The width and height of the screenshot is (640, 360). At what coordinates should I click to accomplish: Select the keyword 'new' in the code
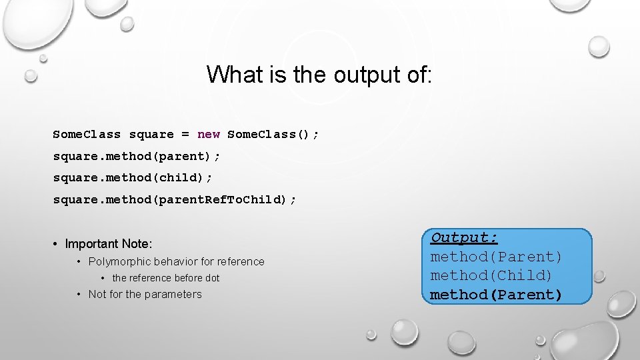point(209,135)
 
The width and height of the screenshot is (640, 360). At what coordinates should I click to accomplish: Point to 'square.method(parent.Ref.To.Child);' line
point(175,199)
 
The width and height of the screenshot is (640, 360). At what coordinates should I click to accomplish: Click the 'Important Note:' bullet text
point(109,244)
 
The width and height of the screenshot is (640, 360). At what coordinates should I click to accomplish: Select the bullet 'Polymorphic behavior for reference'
point(176,261)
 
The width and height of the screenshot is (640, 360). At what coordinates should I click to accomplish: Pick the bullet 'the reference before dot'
point(165,278)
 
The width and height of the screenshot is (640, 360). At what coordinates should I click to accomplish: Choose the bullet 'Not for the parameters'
point(145,294)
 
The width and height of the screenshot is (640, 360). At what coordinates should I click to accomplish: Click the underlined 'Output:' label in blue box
point(465,237)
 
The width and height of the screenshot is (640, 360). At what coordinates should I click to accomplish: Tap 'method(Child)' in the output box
point(492,275)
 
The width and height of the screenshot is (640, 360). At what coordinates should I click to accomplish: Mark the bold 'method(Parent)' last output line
point(496,295)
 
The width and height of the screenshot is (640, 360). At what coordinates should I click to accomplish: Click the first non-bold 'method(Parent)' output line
point(496,257)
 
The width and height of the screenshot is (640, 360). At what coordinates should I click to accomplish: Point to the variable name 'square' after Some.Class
point(151,135)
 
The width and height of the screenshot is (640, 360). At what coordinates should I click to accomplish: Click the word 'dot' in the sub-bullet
point(211,278)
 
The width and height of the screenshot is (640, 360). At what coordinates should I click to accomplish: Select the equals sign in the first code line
point(185,135)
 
